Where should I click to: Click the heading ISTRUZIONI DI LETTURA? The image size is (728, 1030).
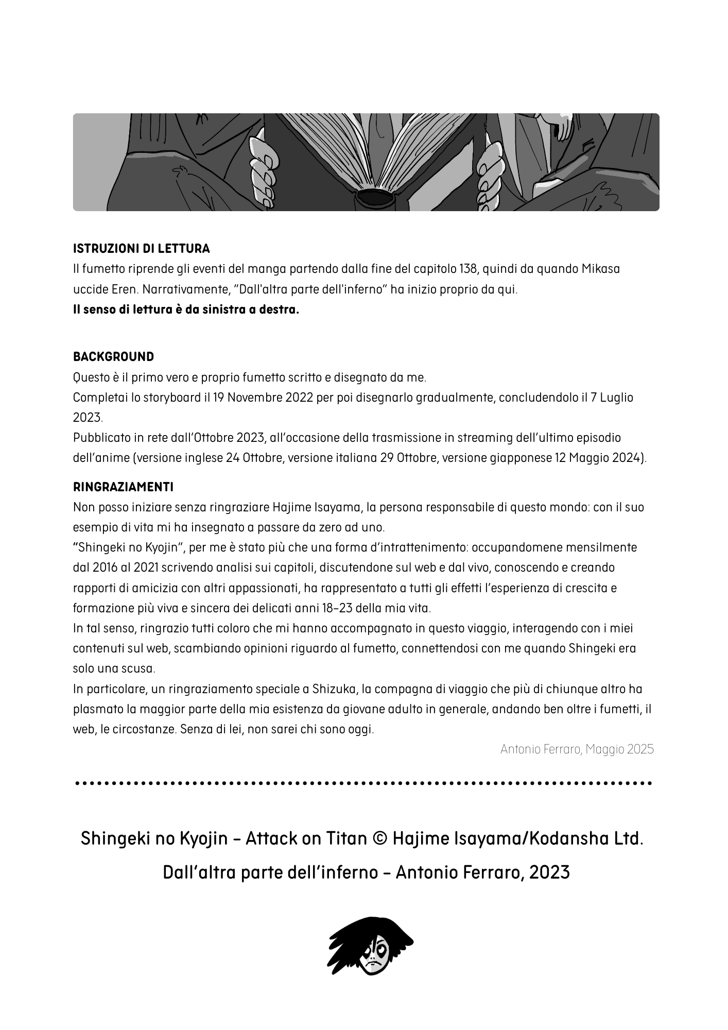pos(142,249)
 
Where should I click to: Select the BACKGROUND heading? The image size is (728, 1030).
pos(113,357)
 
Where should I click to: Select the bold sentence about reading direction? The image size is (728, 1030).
pos(186,310)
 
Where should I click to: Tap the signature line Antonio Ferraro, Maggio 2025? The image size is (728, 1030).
pos(577,749)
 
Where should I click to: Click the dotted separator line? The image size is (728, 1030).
pos(363,783)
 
